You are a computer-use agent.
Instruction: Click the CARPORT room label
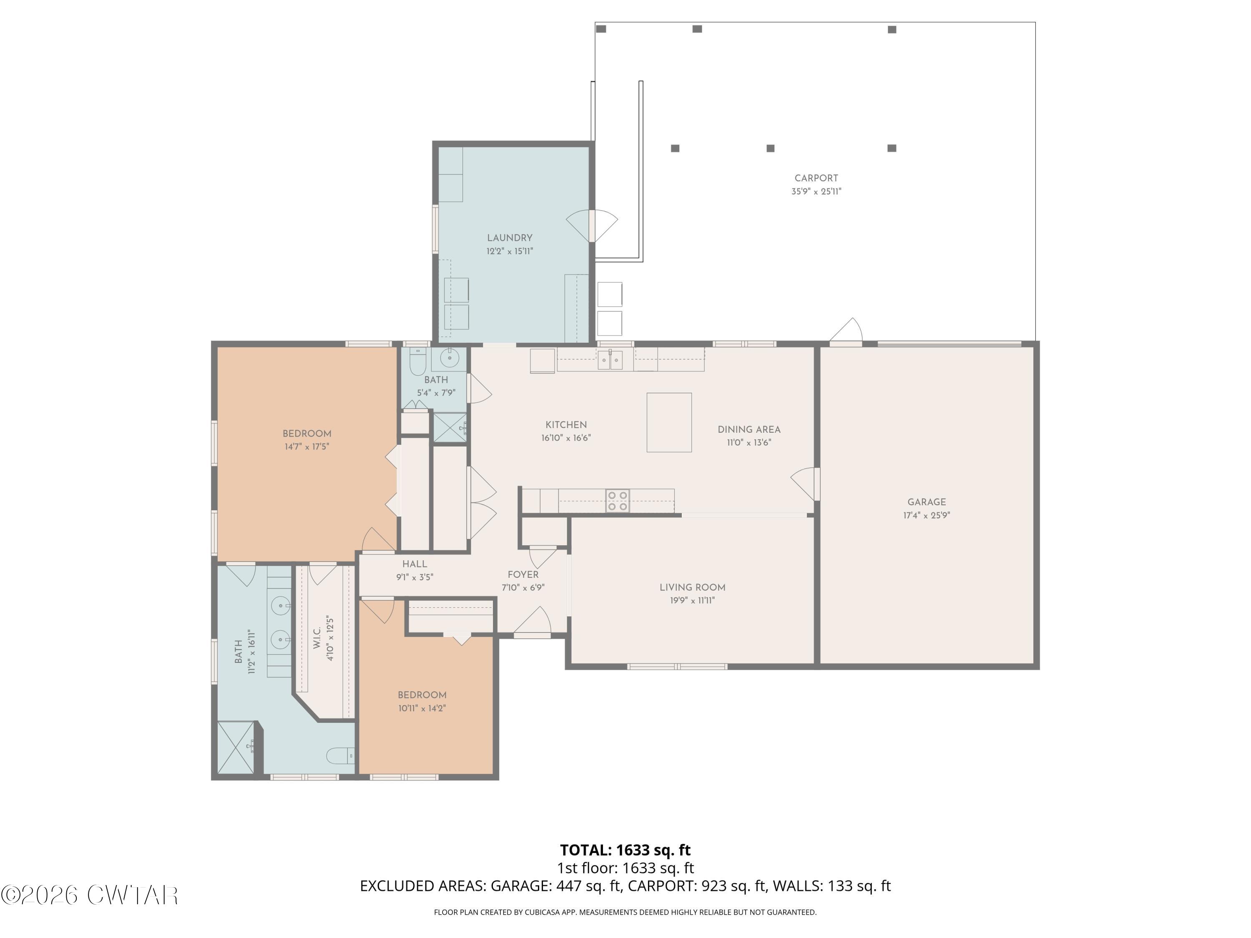click(816, 178)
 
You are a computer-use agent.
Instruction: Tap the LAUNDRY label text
click(510, 238)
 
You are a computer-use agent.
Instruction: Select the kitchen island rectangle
click(669, 422)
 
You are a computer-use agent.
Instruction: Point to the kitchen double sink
click(610, 360)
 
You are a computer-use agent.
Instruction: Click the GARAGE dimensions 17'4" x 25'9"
click(927, 516)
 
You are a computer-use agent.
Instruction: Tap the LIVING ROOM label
click(692, 587)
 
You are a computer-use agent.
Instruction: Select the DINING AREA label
click(749, 430)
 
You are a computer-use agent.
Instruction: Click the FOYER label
click(523, 575)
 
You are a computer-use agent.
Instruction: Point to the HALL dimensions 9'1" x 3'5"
click(414, 577)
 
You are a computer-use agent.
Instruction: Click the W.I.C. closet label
click(317, 638)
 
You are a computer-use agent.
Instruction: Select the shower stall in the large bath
click(236, 747)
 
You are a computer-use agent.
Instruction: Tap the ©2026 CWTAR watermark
click(89, 895)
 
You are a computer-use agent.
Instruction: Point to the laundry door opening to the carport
click(592, 226)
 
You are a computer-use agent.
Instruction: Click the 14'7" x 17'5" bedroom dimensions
click(306, 446)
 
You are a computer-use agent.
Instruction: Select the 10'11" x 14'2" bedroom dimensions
click(422, 708)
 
